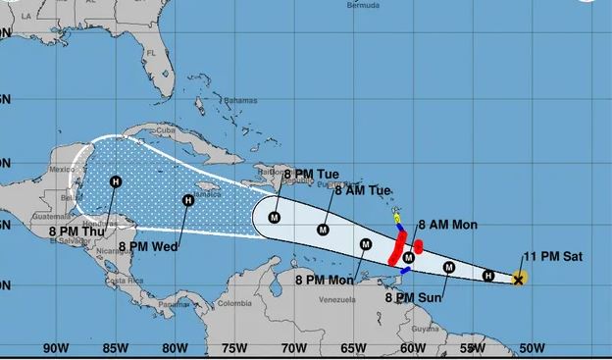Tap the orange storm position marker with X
pos(519,280)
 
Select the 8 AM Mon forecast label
pos(448,225)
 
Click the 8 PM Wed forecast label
pos(148,246)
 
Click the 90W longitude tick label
pos(55,347)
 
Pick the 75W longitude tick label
pos(234,347)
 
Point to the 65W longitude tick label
pos(353,347)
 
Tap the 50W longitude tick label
pos(533,347)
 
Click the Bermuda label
pos(363,5)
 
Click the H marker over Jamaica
pos(187,200)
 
